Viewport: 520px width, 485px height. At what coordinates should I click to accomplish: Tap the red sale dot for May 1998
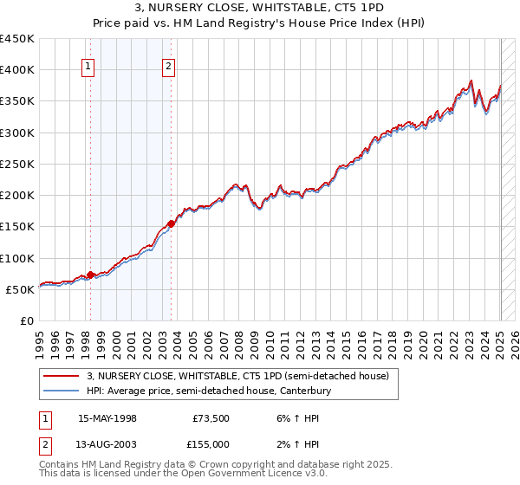coord(90,275)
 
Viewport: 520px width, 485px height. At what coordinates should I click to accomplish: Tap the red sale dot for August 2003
coord(171,223)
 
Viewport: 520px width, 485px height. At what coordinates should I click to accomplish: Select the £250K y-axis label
coord(17,164)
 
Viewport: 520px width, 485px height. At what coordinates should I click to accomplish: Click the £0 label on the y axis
coord(26,320)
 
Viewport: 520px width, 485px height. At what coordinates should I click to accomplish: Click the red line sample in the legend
coord(61,376)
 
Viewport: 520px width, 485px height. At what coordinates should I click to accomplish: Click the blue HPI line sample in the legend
coord(61,391)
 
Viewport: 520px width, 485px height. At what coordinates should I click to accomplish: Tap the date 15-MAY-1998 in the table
coord(107,417)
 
